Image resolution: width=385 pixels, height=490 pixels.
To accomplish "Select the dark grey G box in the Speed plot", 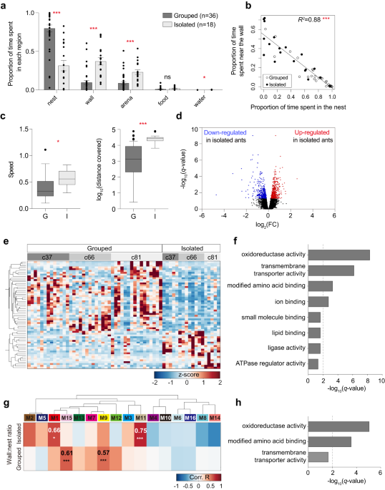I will coord(47,188).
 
